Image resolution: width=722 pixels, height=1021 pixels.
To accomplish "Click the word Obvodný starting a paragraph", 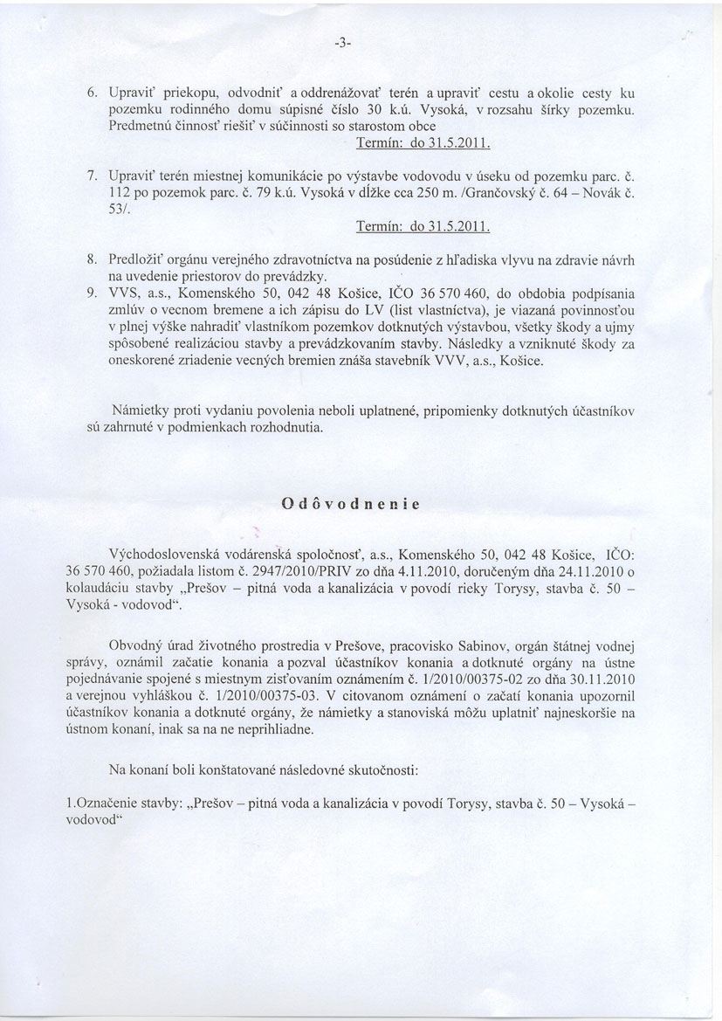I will point(132,645).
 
